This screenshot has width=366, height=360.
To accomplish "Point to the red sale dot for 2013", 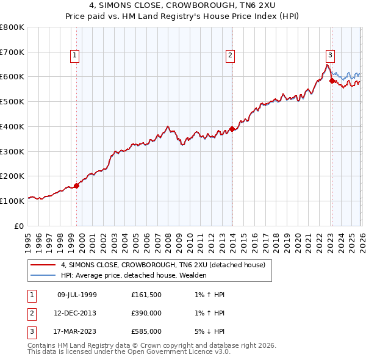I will pyautogui.click(x=232, y=129).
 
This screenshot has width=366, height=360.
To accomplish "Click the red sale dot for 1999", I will pyautogui.click(x=77, y=185).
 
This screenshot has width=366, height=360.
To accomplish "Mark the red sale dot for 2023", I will pyautogui.click(x=332, y=80).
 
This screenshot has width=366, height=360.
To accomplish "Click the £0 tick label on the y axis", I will pyautogui.click(x=18, y=226).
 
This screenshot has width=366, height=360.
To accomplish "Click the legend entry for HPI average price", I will pyautogui.click(x=134, y=275).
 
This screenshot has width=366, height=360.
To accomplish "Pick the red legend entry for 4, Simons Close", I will pyautogui.click(x=162, y=265).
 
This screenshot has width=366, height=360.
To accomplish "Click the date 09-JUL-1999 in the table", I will pyautogui.click(x=76, y=295).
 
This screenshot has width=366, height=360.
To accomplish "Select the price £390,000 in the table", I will pyautogui.click(x=146, y=313).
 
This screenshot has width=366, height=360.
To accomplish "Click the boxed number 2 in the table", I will pyautogui.click(x=31, y=313).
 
